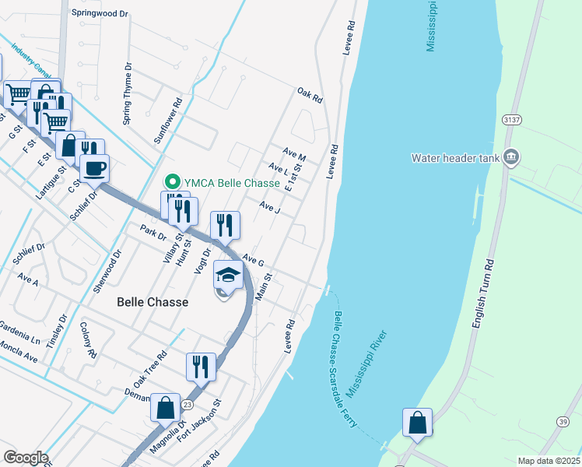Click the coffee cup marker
[95, 167]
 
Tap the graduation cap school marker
[227, 276]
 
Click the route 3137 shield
[510, 120]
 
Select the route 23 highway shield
[187, 404]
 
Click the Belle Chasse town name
[153, 301]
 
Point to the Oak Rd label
[309, 96]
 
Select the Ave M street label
[295, 154]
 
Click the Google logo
[26, 458]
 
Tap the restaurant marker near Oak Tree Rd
[201, 366]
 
